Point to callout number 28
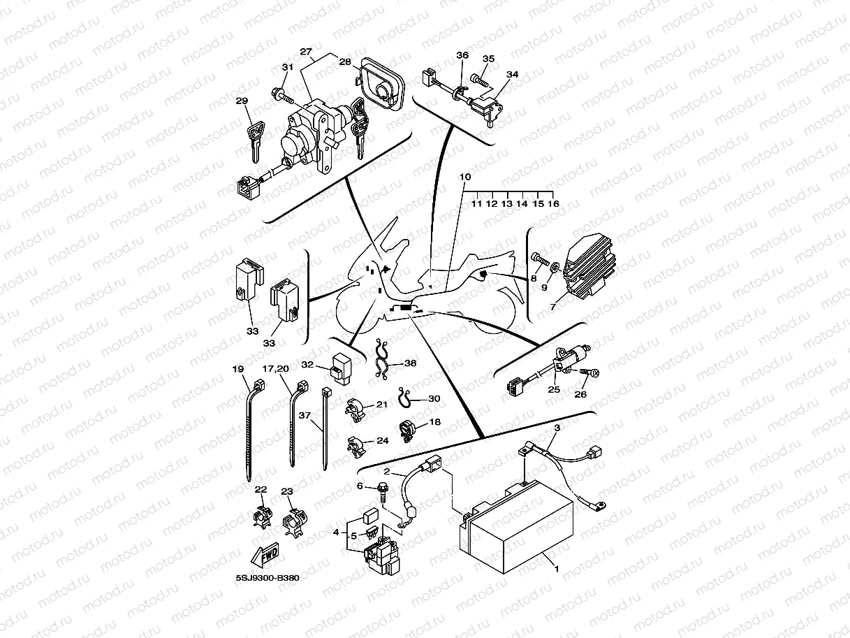pos(344,62)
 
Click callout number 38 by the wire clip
pos(410,363)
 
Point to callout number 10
pos(465,177)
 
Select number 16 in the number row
pos(553,204)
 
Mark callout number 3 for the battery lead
pos(557,427)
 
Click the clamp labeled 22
pos(260,518)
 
